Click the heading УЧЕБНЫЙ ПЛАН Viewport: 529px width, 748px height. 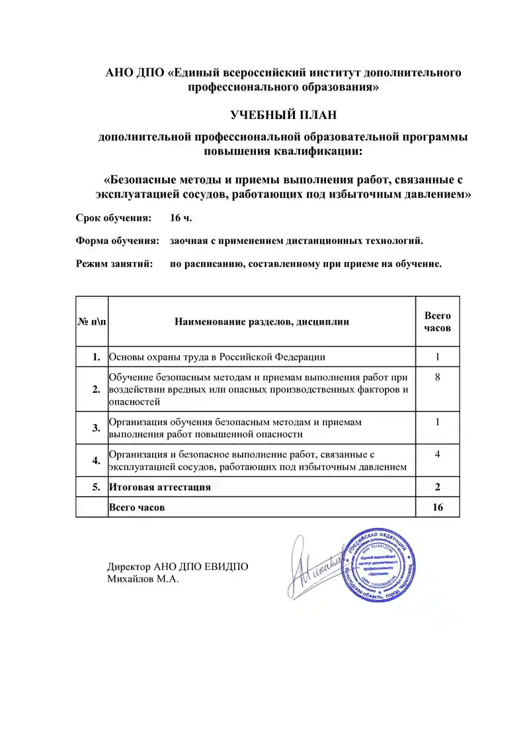coord(283,115)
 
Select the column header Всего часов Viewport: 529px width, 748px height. coord(437,321)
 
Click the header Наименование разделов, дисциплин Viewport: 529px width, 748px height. coord(262,322)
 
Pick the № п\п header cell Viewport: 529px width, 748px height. coord(92,322)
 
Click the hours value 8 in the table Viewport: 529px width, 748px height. coord(437,376)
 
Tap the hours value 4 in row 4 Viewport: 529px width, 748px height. coord(437,454)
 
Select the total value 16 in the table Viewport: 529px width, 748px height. coord(437,507)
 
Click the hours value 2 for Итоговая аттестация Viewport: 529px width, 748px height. coord(437,487)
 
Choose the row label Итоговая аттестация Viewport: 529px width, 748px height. coord(160,487)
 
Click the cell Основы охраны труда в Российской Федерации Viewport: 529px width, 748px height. coord(217,357)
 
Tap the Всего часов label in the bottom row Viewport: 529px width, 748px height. coord(137,507)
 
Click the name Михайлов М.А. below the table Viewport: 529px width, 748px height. coord(143,579)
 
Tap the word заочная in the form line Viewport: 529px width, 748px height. coord(190,241)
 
